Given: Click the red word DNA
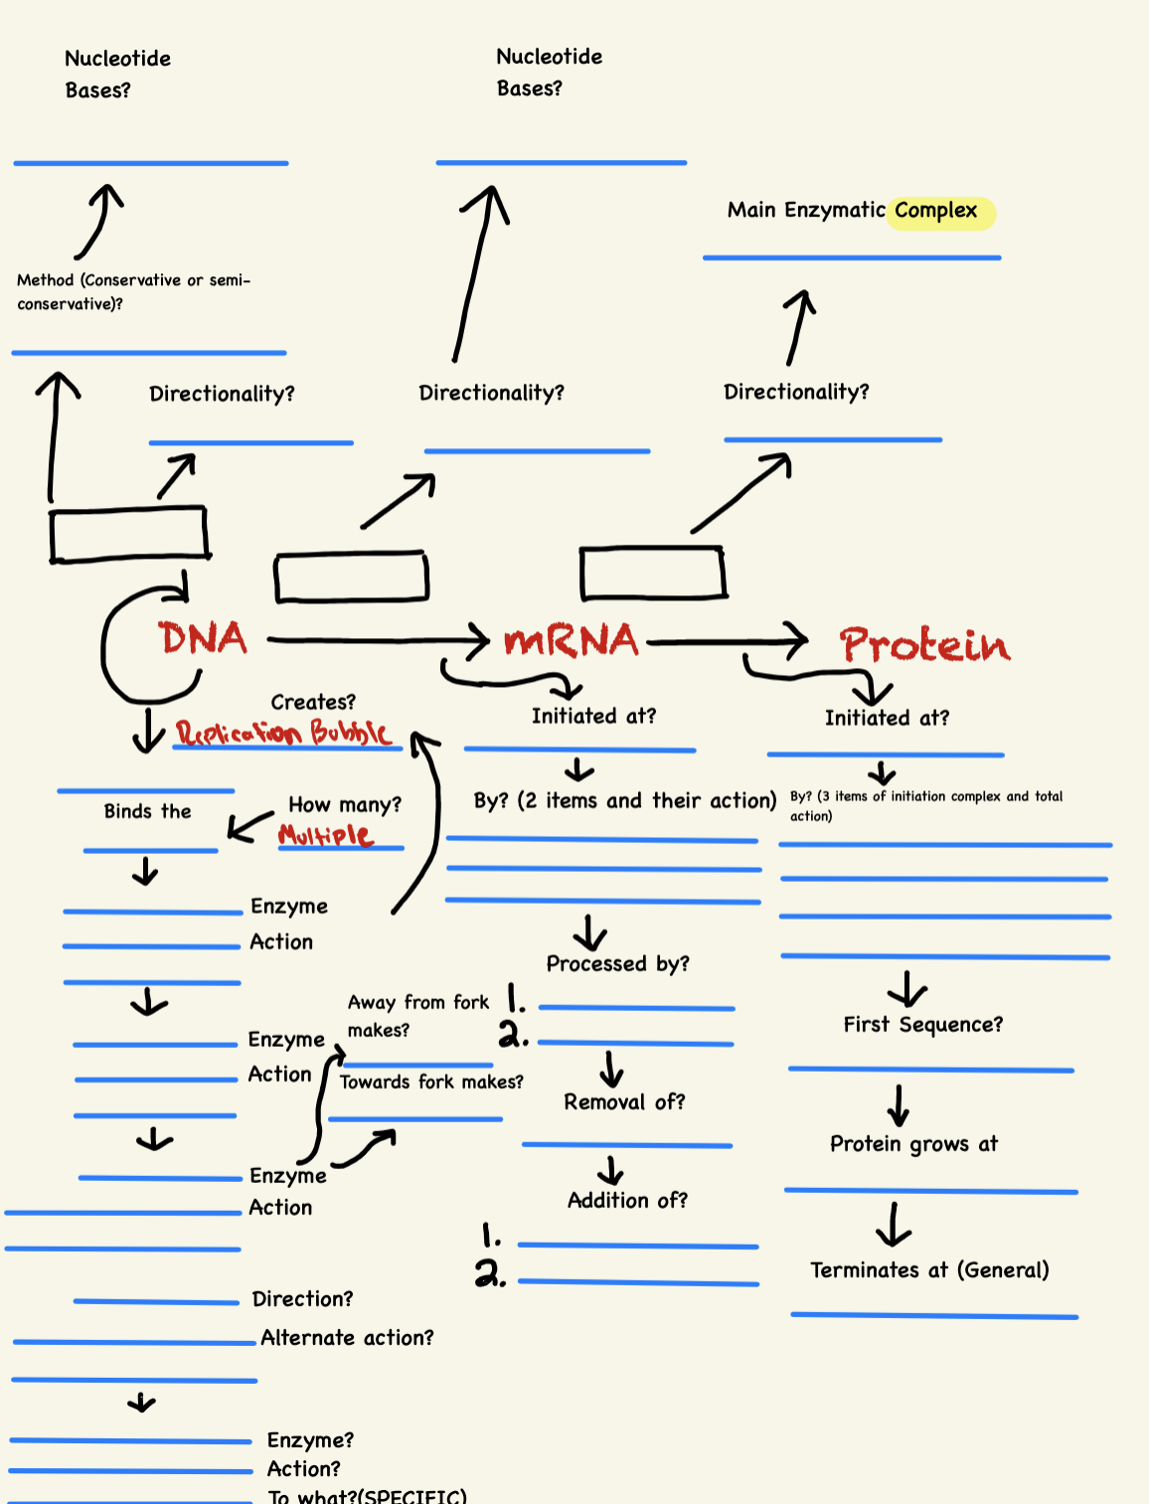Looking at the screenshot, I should (203, 638).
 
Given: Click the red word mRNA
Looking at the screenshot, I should (571, 641).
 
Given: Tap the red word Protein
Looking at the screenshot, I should (924, 645).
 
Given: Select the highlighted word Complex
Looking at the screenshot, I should (936, 211).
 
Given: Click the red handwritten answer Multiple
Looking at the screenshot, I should (326, 835).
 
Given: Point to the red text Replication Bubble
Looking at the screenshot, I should (282, 734).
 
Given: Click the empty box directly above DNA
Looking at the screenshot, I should (129, 534).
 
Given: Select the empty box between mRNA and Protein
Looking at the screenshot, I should (653, 574).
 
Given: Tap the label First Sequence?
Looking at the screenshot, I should (922, 1025).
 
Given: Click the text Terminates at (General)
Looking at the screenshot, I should (929, 1270).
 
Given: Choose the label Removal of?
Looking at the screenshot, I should (624, 1102).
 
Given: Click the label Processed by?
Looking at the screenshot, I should (617, 964).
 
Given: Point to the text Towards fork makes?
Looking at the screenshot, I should (431, 1083).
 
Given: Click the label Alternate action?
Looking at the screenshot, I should (347, 1338).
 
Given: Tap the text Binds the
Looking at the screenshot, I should (147, 811).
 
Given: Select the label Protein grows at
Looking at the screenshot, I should (913, 1144).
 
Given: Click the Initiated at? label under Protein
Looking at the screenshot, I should (887, 718).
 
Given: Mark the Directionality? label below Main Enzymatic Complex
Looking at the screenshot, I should (796, 392).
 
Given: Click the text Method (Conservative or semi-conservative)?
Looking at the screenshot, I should (133, 292).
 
